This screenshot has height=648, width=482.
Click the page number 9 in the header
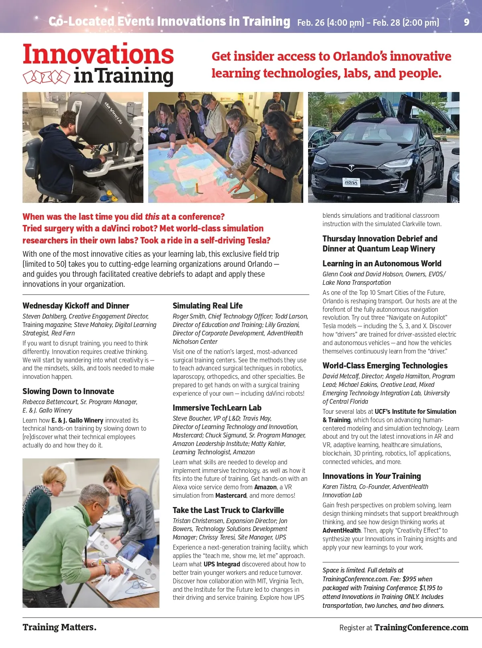pos(466,22)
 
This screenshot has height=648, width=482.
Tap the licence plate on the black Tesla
pos(351,183)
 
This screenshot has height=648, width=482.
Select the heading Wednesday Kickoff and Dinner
pos(76,306)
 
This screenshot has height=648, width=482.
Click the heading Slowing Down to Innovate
pos(68,391)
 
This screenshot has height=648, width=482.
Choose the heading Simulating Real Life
pos(208,306)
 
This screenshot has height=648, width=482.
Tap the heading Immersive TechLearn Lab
pos(217,408)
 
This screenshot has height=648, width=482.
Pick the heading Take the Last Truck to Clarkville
pos(228,510)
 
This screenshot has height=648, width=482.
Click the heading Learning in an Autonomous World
pos(382,264)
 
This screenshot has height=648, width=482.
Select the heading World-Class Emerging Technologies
pos(385,366)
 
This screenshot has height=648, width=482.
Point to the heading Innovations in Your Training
pos(372,476)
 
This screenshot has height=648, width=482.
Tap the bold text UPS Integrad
pos(222,564)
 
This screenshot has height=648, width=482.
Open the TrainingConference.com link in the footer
pos(421,628)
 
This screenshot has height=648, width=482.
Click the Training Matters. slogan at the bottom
pos(59,627)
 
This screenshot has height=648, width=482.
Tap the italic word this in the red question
pos(152,217)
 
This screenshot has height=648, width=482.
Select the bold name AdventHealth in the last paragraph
pos(341,530)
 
